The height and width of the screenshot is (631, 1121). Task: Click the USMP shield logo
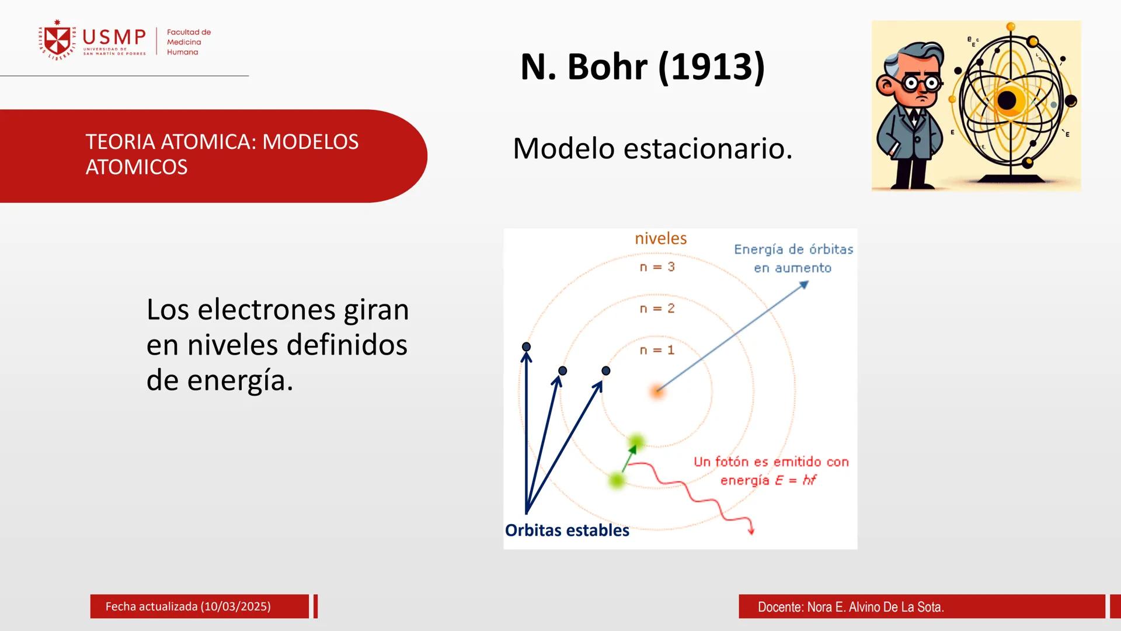coord(57,40)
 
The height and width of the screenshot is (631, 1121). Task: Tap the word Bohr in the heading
coord(607,67)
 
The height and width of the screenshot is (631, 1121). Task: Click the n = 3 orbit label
coord(657,267)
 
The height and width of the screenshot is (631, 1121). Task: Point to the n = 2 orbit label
coord(657,308)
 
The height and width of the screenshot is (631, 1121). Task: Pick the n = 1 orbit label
coord(657,350)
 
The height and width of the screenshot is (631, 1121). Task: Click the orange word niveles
coord(660,238)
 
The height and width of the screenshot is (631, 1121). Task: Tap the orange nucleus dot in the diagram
coord(657,391)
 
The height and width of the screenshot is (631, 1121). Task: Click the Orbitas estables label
coord(567,530)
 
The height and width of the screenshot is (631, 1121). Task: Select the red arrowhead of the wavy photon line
coord(751,531)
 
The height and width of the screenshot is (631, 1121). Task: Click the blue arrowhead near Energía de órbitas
coord(805,284)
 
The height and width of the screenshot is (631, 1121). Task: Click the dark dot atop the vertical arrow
coord(526,346)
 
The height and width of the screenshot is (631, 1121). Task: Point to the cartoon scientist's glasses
coord(922,83)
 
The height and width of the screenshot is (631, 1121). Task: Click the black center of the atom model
coord(1007,100)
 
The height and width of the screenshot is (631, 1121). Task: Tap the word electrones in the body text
coord(266,309)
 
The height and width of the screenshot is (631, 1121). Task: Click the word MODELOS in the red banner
coord(310,142)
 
